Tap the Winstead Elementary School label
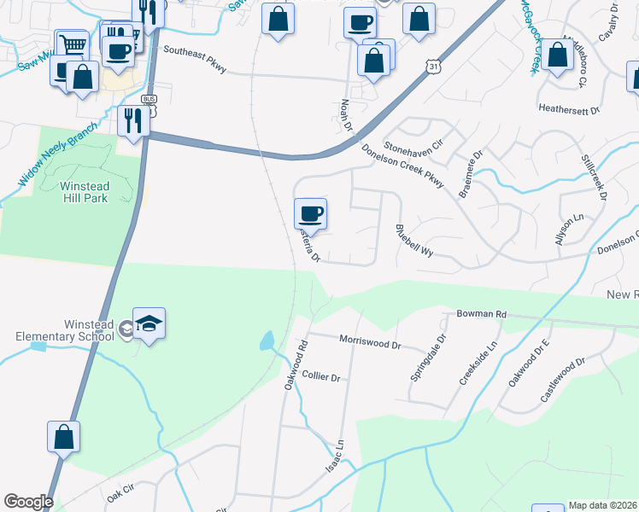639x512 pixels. pos(64,329)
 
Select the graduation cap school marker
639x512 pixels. pos(149,324)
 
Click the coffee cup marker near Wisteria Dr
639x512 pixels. pos(310,213)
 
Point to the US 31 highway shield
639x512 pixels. pos(435,66)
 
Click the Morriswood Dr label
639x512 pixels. pos(370,343)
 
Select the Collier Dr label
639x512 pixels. pos(322,376)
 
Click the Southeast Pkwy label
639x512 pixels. pos(195,59)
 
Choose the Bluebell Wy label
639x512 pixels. pos(415,241)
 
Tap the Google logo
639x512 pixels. pos(28,502)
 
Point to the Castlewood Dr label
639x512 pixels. pos(562,381)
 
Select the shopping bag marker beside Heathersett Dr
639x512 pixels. pos(557,55)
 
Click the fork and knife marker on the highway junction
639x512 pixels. pos(134,121)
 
